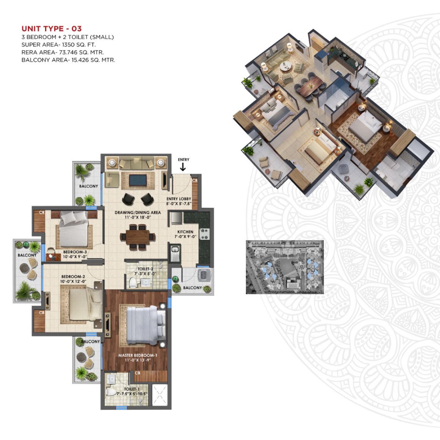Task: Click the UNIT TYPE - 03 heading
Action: point(51,29)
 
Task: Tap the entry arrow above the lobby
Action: point(183,167)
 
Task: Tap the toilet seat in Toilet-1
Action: point(111,392)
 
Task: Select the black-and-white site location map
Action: point(285,267)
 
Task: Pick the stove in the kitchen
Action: point(204,234)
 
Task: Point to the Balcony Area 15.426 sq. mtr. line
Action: point(68,60)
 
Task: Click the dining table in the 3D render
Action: point(310,85)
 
